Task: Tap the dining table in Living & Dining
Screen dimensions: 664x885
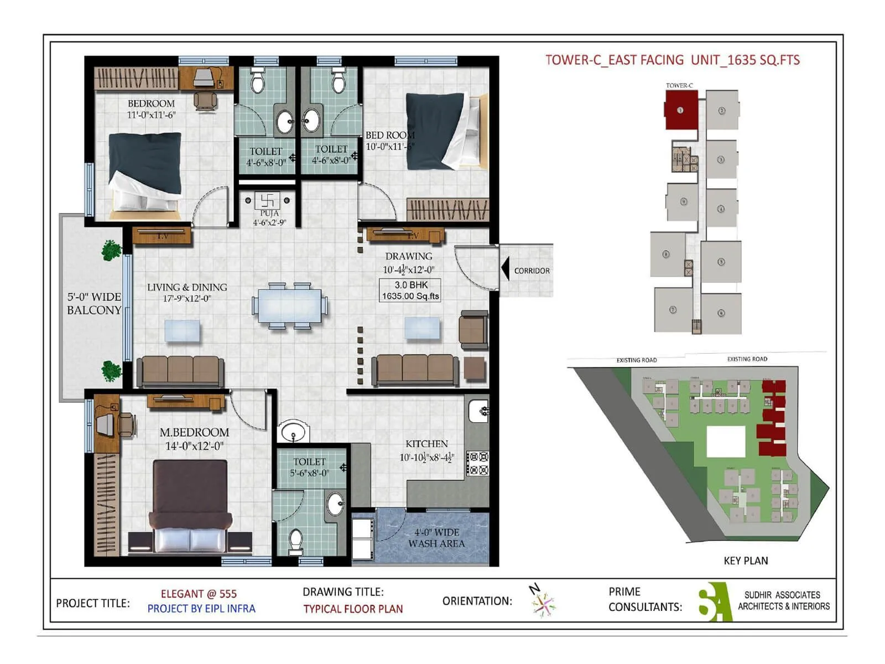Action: pos(289,306)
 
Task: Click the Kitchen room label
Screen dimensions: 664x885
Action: pos(426,444)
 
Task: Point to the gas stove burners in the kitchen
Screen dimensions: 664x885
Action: pos(478,463)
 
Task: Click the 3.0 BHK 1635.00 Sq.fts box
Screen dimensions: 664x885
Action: pos(410,290)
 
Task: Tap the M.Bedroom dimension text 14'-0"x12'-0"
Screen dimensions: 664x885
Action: pos(194,446)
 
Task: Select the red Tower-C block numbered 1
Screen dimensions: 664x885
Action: pos(680,110)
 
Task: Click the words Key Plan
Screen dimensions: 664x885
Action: pos(745,561)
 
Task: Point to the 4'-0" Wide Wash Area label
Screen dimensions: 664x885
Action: pos(436,538)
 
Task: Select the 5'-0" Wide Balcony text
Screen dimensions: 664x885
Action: pos(94,303)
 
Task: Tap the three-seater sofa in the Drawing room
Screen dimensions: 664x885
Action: pos(415,370)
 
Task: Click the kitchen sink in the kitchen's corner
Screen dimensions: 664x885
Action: pos(478,411)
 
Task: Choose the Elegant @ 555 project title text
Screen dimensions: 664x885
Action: pos(199,594)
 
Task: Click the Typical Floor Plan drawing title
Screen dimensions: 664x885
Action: pos(353,609)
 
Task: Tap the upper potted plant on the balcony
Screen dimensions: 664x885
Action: pos(111,250)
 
